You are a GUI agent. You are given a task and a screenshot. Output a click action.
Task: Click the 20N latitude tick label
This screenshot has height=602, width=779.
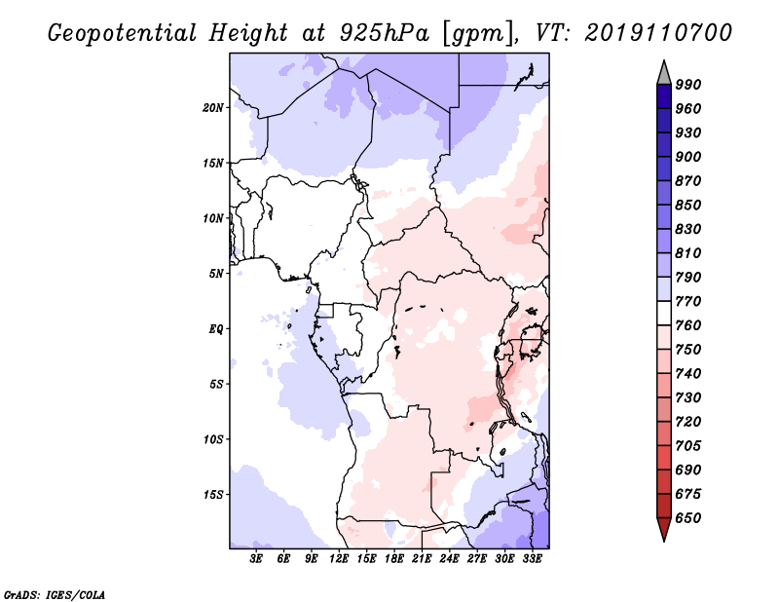[x=213, y=107]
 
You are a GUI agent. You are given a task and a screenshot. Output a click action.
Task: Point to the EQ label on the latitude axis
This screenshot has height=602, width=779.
[x=216, y=328]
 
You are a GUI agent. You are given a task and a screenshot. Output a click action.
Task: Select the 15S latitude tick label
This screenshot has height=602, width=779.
[x=213, y=494]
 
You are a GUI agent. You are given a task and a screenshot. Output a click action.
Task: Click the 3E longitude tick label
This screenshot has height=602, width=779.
[x=257, y=559]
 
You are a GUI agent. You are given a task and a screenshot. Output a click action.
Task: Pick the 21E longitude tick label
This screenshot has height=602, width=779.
[x=422, y=559]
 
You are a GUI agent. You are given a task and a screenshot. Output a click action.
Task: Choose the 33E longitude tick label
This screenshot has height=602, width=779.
[x=532, y=559]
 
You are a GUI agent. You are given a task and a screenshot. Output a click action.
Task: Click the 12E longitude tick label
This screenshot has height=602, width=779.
[x=339, y=559]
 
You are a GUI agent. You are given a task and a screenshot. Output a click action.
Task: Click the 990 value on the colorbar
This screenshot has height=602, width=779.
[x=688, y=85]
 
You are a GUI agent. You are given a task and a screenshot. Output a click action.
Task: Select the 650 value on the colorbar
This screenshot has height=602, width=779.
[x=688, y=518]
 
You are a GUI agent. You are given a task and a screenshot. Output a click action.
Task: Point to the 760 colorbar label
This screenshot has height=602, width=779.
[x=688, y=325]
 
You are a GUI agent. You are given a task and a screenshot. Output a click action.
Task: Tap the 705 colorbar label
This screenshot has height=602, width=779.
[x=688, y=446]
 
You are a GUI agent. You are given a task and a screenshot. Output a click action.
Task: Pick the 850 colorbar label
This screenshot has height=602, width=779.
[x=688, y=206]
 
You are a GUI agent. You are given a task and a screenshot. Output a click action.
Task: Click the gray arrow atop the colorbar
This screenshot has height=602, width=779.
[x=663, y=72]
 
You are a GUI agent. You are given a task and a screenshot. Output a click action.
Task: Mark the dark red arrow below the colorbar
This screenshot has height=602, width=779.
[x=663, y=530]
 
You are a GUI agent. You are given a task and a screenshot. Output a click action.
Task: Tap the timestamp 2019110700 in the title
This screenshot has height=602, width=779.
[x=658, y=33]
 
